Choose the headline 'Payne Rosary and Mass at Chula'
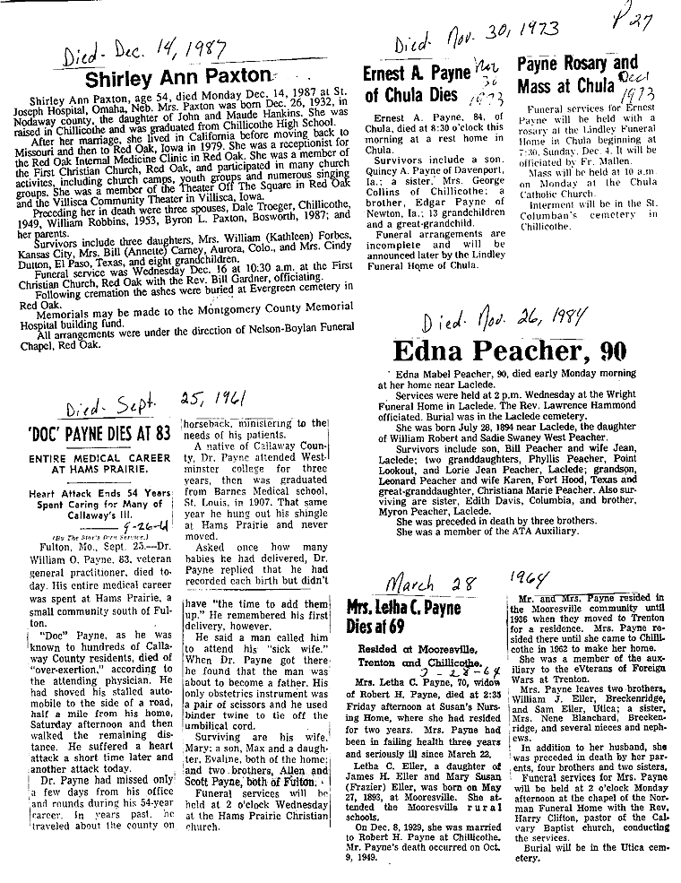(x=578, y=74)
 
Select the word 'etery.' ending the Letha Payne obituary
(x=530, y=857)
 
